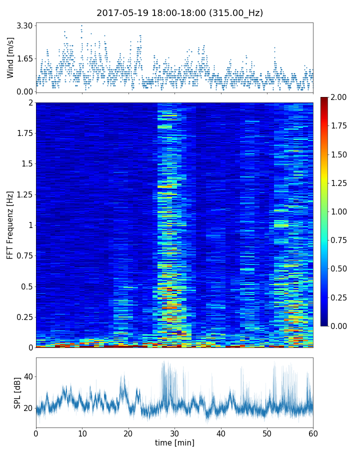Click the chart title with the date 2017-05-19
click(179, 13)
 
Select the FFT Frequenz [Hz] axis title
click(10, 224)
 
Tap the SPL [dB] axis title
click(17, 392)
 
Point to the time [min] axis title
click(174, 442)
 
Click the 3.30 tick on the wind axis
click(25, 25)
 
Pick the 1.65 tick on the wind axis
click(25, 58)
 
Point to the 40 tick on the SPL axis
click(27, 376)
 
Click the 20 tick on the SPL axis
click(27, 408)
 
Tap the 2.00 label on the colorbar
click(341, 97)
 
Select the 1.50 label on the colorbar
click(341, 154)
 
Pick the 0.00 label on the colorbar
click(341, 326)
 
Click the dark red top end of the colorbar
click(324, 99)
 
